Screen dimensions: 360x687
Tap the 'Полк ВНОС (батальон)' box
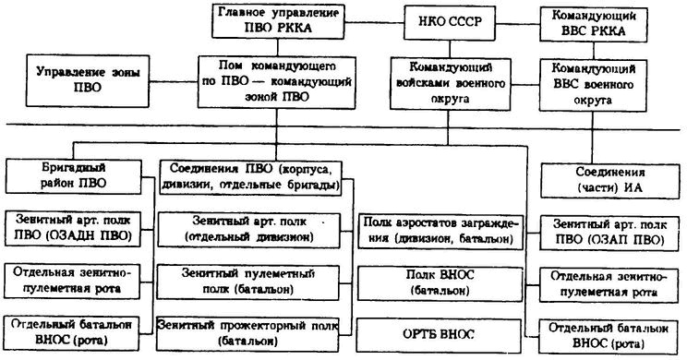[x=443, y=284]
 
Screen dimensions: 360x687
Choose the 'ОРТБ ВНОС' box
[x=443, y=332]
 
